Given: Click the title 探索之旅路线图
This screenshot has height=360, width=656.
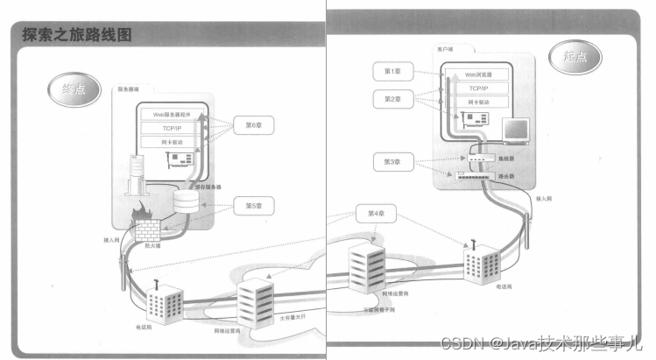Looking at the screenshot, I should click(x=80, y=35).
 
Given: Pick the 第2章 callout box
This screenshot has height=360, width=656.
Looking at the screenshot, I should click(x=391, y=100).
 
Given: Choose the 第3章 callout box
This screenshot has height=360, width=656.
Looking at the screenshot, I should click(x=391, y=162).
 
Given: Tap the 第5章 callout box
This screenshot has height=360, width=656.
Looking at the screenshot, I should click(x=254, y=208).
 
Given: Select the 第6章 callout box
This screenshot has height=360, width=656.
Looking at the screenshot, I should click(x=254, y=125).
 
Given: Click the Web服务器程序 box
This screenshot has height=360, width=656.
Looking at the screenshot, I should click(x=171, y=114).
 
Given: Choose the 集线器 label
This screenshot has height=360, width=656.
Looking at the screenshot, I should click(x=504, y=159).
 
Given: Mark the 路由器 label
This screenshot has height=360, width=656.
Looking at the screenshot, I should click(x=504, y=176).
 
